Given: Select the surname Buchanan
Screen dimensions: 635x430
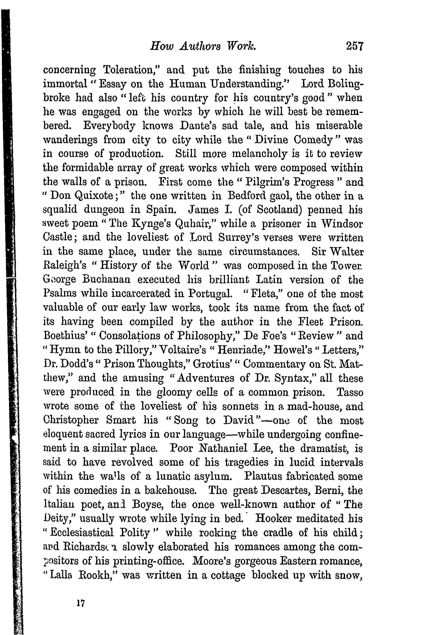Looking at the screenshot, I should click(x=106, y=280).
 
